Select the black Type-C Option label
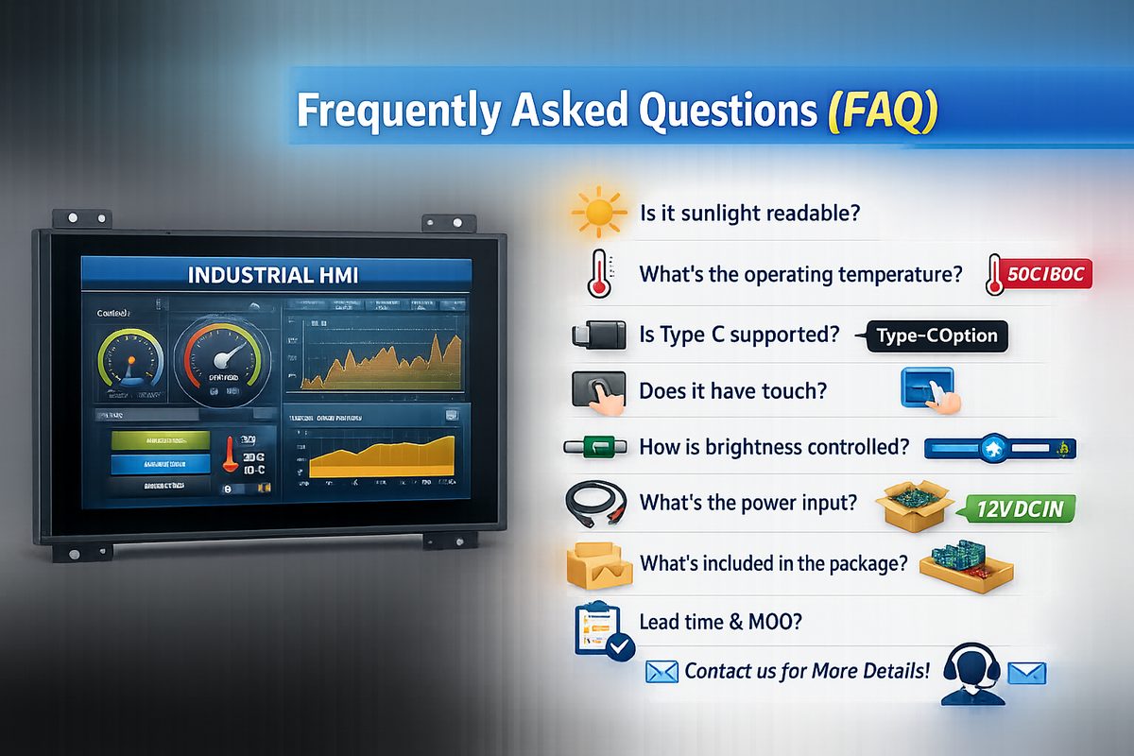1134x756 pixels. [936, 335]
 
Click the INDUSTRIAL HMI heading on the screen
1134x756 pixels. [275, 276]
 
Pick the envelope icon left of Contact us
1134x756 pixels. [662, 672]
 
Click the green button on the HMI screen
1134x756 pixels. [160, 440]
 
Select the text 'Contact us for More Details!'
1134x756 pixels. [807, 671]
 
